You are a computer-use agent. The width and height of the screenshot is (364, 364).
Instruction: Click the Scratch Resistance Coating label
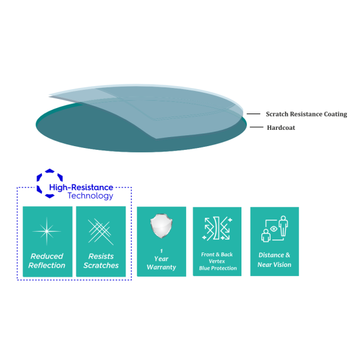click(306, 114)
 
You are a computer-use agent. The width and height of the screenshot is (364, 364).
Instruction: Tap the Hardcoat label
click(281, 127)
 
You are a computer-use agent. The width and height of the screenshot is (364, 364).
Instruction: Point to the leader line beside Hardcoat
click(257, 127)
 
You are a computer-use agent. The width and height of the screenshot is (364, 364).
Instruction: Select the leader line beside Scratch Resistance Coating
click(253, 114)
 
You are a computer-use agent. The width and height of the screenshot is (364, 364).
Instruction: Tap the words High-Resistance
click(81, 187)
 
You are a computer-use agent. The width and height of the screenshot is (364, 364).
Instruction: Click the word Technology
click(90, 196)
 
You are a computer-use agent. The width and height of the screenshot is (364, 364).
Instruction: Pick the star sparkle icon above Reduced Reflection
click(47, 231)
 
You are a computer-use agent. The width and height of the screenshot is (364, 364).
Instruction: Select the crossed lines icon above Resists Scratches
click(101, 232)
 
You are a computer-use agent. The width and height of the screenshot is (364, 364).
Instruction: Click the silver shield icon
click(161, 226)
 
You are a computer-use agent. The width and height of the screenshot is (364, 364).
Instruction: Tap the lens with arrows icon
click(217, 229)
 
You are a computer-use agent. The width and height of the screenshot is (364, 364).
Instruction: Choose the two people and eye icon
click(275, 229)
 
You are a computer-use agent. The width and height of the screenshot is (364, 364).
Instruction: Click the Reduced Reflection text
click(47, 261)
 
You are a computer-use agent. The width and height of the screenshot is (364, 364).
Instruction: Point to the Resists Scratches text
click(101, 261)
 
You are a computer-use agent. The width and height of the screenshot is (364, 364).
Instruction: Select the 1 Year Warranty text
click(161, 260)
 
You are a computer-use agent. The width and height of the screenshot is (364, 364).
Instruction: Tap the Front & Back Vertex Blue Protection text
click(218, 261)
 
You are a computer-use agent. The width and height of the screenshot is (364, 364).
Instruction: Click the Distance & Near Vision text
click(274, 260)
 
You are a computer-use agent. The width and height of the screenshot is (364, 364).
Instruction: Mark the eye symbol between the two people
click(274, 229)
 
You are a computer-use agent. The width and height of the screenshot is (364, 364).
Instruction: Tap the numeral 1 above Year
click(161, 251)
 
